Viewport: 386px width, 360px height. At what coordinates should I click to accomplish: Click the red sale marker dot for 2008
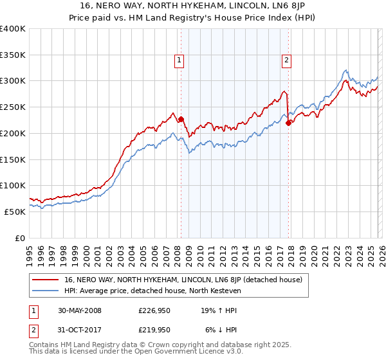click(x=181, y=119)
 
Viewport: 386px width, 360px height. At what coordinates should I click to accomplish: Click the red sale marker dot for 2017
click(x=288, y=123)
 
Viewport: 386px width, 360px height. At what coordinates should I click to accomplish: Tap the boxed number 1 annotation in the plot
click(x=178, y=61)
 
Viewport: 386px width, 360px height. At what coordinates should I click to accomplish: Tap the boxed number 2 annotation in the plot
click(x=286, y=61)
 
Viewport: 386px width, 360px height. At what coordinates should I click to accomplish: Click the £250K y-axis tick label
click(x=13, y=107)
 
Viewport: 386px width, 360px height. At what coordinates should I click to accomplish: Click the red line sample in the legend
click(x=46, y=280)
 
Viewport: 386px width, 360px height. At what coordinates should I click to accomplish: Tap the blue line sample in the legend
click(x=46, y=291)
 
